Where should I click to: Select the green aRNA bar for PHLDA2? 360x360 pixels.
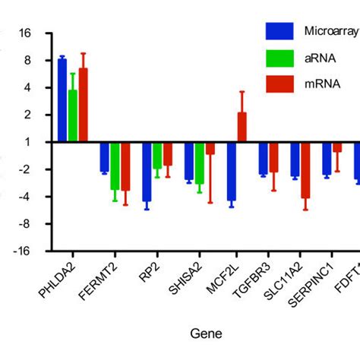click(x=73, y=116)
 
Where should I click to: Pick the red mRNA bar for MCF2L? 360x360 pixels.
click(x=242, y=127)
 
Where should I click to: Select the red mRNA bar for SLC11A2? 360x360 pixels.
click(x=305, y=170)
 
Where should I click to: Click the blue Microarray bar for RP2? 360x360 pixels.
click(x=147, y=172)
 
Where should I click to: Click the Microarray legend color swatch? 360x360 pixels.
click(x=279, y=31)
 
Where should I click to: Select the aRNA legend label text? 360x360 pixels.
click(x=318, y=58)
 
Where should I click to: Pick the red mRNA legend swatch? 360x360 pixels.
click(x=279, y=84)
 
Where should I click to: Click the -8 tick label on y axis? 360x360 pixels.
click(x=24, y=224)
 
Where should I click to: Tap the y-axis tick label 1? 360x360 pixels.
click(x=27, y=142)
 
